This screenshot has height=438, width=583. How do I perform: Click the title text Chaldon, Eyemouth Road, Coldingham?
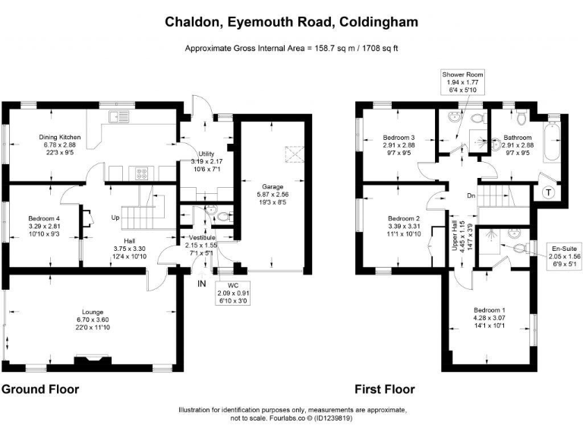click(x=291, y=22)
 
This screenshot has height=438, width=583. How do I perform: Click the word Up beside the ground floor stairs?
click(x=115, y=217)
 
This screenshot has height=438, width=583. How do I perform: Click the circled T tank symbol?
click(x=548, y=194)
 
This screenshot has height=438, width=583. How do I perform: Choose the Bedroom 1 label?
click(x=490, y=317)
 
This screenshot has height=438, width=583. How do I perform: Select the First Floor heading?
click(x=385, y=389)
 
